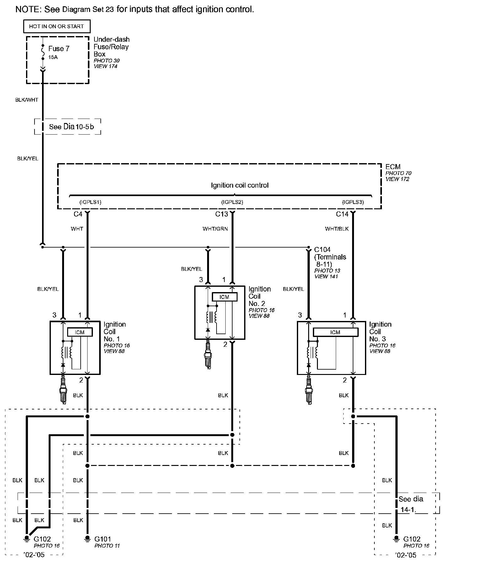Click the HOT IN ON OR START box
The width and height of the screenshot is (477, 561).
56,26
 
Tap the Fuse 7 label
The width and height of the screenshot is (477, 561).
59,49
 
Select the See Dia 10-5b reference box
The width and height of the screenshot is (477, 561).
68,127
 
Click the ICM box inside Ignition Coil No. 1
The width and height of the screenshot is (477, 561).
80,332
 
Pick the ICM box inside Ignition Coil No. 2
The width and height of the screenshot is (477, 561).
224,297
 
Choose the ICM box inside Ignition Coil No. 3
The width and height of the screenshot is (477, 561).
335,332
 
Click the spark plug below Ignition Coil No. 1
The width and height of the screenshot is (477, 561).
63,391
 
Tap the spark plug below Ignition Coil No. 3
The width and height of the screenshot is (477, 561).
309,391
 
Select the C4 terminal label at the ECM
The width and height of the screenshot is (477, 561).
78,214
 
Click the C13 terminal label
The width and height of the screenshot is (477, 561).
222,214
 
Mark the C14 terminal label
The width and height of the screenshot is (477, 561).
342,214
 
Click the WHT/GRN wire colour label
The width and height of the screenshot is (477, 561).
215,229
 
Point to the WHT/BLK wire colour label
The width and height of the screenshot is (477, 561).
337,229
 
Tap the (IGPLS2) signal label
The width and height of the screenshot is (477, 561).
232,202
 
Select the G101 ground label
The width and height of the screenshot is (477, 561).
103,539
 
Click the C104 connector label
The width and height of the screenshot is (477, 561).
322,250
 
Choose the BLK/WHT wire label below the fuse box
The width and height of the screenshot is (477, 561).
27,100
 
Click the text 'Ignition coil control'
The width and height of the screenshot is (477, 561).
240,185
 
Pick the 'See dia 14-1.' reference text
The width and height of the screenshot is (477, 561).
410,504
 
